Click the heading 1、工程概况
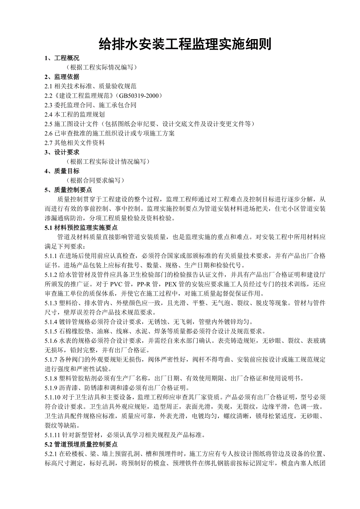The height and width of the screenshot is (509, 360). [62, 58]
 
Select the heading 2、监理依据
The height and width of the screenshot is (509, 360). [62, 77]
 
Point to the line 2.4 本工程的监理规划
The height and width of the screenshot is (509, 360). [75, 114]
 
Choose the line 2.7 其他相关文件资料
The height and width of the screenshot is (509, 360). [75, 143]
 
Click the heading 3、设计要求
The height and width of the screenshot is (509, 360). [62, 152]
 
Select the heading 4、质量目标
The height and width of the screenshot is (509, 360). [62, 171]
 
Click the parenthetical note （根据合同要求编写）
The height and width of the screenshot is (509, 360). [95, 180]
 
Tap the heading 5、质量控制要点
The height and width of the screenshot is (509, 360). [68, 190]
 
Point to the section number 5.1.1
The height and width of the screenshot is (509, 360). [51, 256]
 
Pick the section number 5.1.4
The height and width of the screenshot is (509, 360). [51, 322]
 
